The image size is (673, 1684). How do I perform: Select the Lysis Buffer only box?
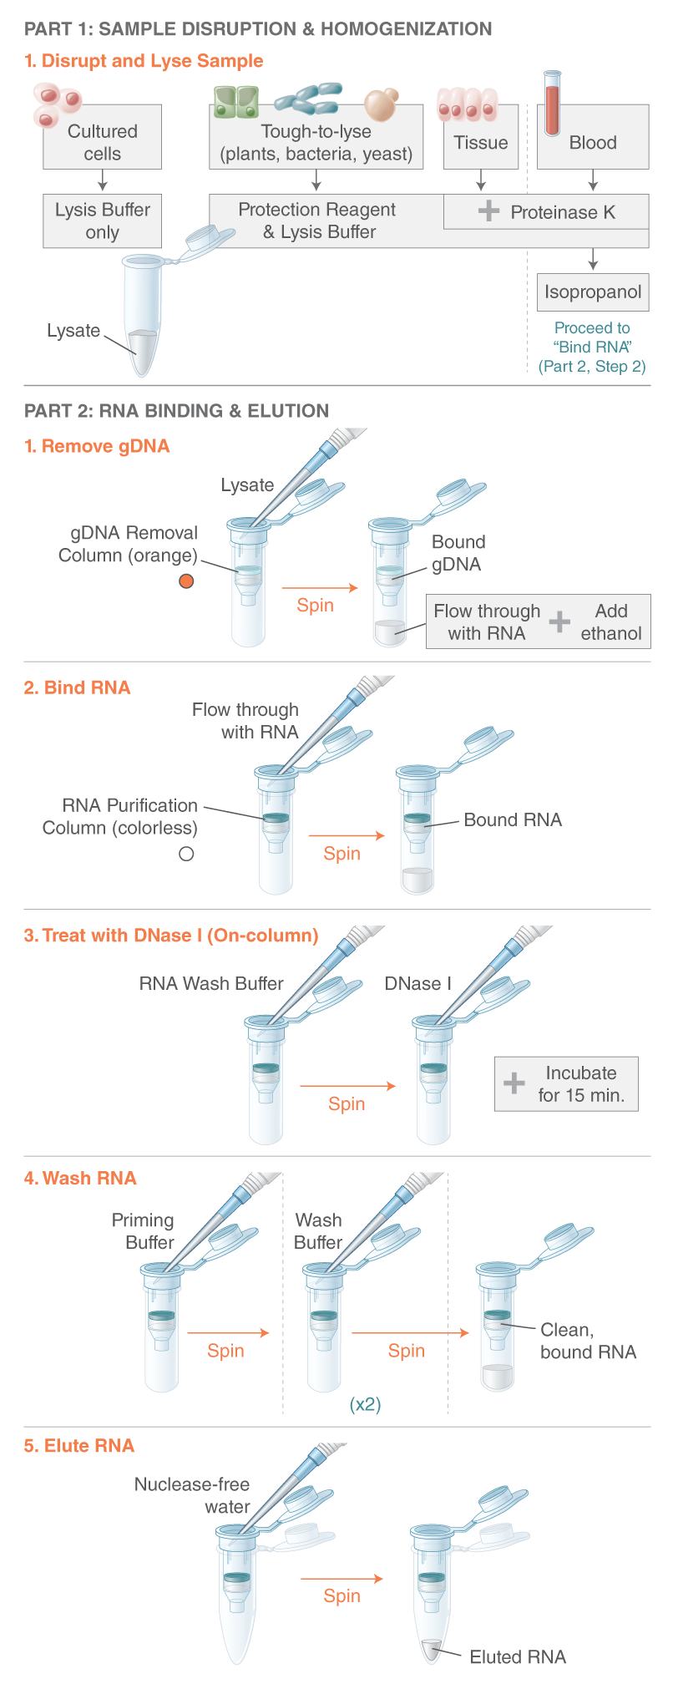(102, 221)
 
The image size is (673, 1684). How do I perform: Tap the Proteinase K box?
(546, 212)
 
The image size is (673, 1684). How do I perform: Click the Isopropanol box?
(593, 292)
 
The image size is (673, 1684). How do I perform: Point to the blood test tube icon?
(552, 103)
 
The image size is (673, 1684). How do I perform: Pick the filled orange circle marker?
(186, 581)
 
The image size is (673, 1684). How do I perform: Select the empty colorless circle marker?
(186, 854)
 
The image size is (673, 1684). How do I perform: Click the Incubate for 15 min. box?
(567, 1084)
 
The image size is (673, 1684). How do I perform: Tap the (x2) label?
(365, 1404)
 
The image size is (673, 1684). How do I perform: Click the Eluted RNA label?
(518, 1656)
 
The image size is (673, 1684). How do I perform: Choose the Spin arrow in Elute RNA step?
(342, 1579)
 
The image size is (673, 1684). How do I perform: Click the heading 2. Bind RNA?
(78, 687)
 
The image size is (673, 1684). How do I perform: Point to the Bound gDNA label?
(457, 553)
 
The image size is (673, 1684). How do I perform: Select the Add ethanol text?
(611, 622)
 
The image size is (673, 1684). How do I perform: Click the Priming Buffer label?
(144, 1231)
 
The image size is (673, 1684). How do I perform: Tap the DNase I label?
(417, 984)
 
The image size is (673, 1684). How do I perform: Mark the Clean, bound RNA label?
(587, 1341)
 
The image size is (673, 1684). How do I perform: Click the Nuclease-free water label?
(193, 1495)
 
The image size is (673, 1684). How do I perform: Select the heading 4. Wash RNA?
(80, 1178)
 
